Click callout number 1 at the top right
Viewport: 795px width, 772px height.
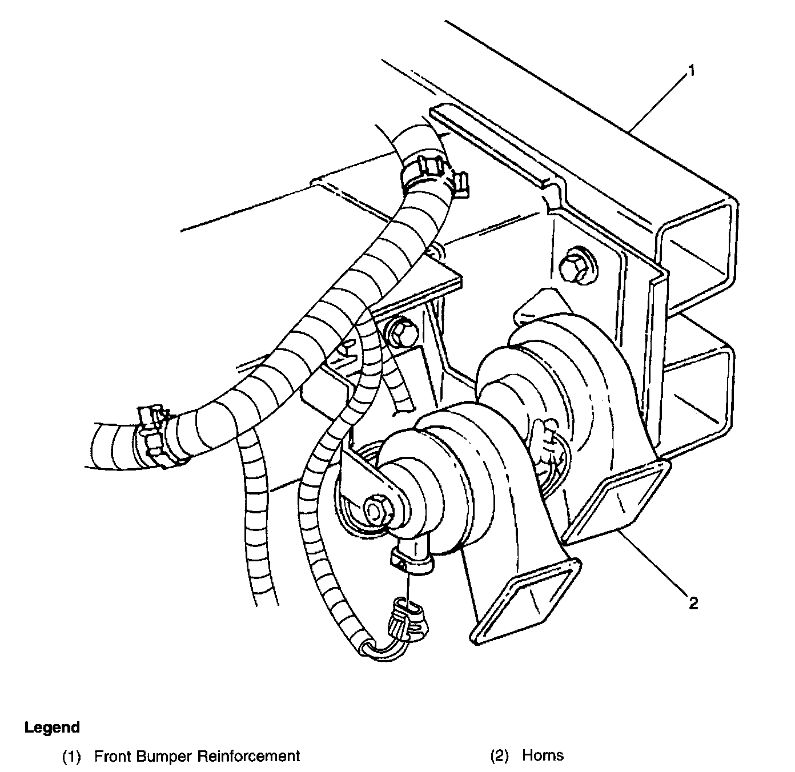[x=690, y=71]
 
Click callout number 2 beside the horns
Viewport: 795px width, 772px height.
[x=693, y=603]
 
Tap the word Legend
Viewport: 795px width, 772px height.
[x=52, y=727]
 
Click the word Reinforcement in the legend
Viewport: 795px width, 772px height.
[x=248, y=756]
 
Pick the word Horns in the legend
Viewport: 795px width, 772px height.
[x=543, y=755]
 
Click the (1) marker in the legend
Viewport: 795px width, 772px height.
[x=71, y=757]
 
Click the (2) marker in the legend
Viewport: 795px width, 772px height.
[x=499, y=756]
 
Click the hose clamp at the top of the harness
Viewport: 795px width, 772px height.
[x=434, y=171]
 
